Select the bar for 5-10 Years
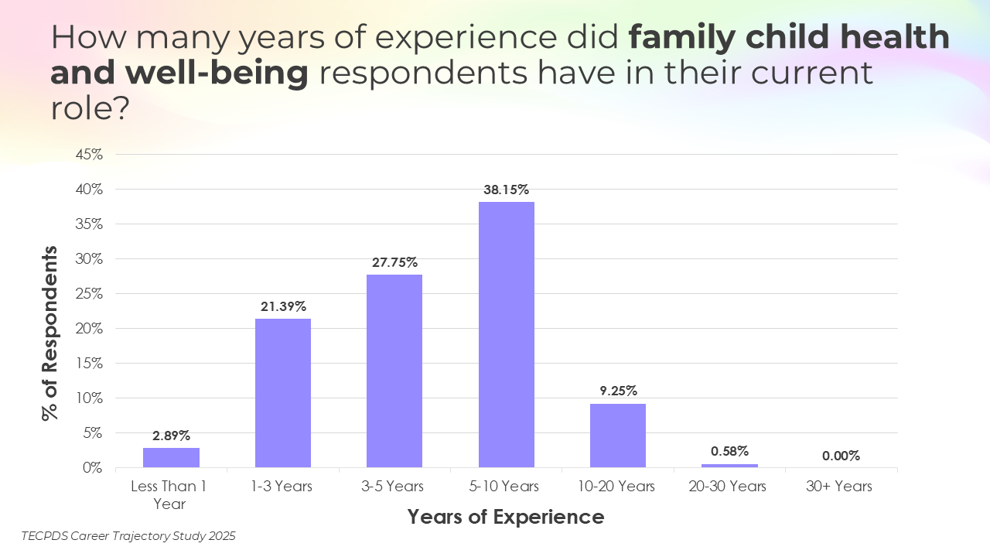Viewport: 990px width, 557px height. tap(506, 334)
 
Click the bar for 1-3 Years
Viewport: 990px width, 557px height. tap(283, 393)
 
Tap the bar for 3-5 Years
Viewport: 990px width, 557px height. tap(394, 371)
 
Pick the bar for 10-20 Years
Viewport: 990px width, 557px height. tap(617, 436)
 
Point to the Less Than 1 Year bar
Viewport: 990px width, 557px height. tap(171, 457)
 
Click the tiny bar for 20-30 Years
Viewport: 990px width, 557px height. tap(729, 466)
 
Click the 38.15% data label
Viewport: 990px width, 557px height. tap(507, 190)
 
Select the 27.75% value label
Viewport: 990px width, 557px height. tap(394, 262)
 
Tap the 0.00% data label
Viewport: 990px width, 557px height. tap(841, 456)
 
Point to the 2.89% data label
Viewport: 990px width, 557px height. tap(171, 436)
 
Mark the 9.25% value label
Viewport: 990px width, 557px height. tap(618, 391)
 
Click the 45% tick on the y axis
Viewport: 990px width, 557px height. tap(89, 154)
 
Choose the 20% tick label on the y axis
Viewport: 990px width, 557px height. tap(89, 328)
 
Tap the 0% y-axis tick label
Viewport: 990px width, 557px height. tap(93, 467)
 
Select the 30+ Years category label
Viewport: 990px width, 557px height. tap(841, 487)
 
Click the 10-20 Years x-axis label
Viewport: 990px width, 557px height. tap(617, 487)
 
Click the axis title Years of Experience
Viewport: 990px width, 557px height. tap(506, 516)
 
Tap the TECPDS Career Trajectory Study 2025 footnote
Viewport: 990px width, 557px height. tap(128, 535)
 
